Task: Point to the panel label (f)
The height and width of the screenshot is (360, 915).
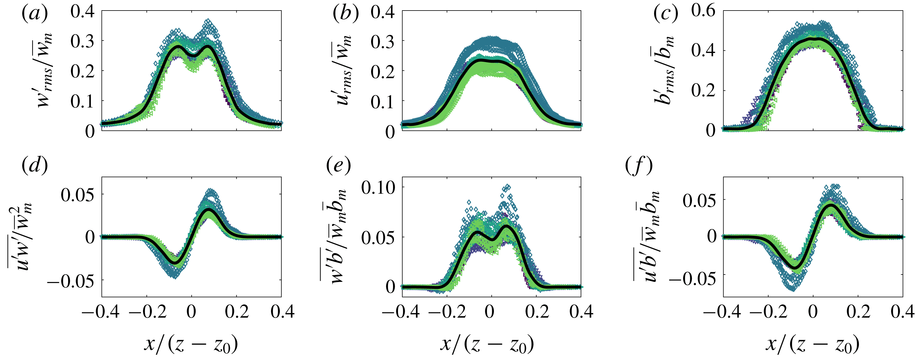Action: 639,166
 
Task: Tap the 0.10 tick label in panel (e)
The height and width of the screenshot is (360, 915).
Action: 378,187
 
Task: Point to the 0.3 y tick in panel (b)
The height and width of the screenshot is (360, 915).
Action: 382,42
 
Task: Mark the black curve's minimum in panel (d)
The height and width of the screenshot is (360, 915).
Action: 175,262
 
